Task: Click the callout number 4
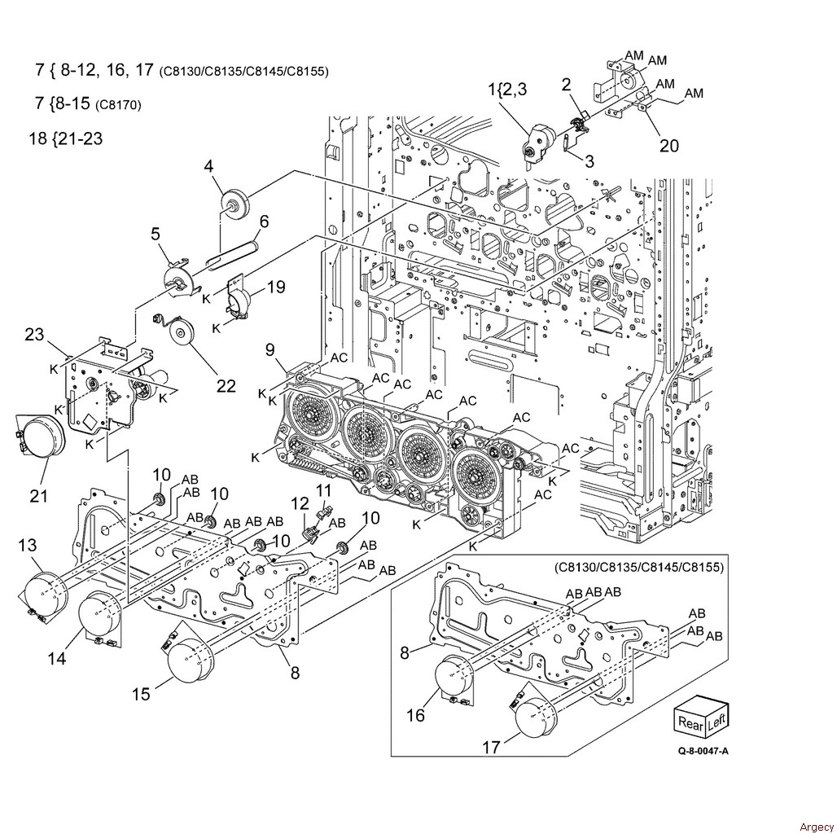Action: click(208, 166)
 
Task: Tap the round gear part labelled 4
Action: click(234, 203)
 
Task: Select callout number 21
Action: click(39, 496)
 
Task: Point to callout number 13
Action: click(28, 545)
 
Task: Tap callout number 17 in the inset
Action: click(492, 747)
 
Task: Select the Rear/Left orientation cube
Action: click(701, 720)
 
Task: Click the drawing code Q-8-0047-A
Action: click(703, 752)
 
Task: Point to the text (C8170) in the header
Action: click(118, 105)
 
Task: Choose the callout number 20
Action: click(669, 145)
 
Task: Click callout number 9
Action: click(270, 349)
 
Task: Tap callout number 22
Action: click(226, 386)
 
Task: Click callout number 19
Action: click(277, 287)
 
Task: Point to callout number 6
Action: click(264, 221)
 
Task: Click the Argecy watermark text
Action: click(817, 827)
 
